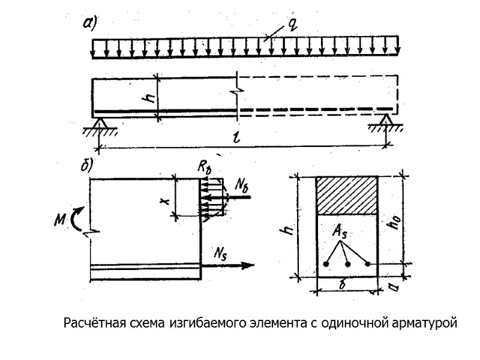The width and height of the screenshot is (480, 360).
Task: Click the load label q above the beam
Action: pyautogui.click(x=292, y=25)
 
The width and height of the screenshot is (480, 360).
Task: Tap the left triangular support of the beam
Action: pyautogui.click(x=100, y=122)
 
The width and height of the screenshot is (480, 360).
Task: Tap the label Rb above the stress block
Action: pyautogui.click(x=206, y=168)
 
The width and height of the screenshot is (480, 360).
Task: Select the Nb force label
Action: pyautogui.click(x=242, y=185)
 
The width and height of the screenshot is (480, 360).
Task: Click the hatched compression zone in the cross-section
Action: pyautogui.click(x=347, y=196)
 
